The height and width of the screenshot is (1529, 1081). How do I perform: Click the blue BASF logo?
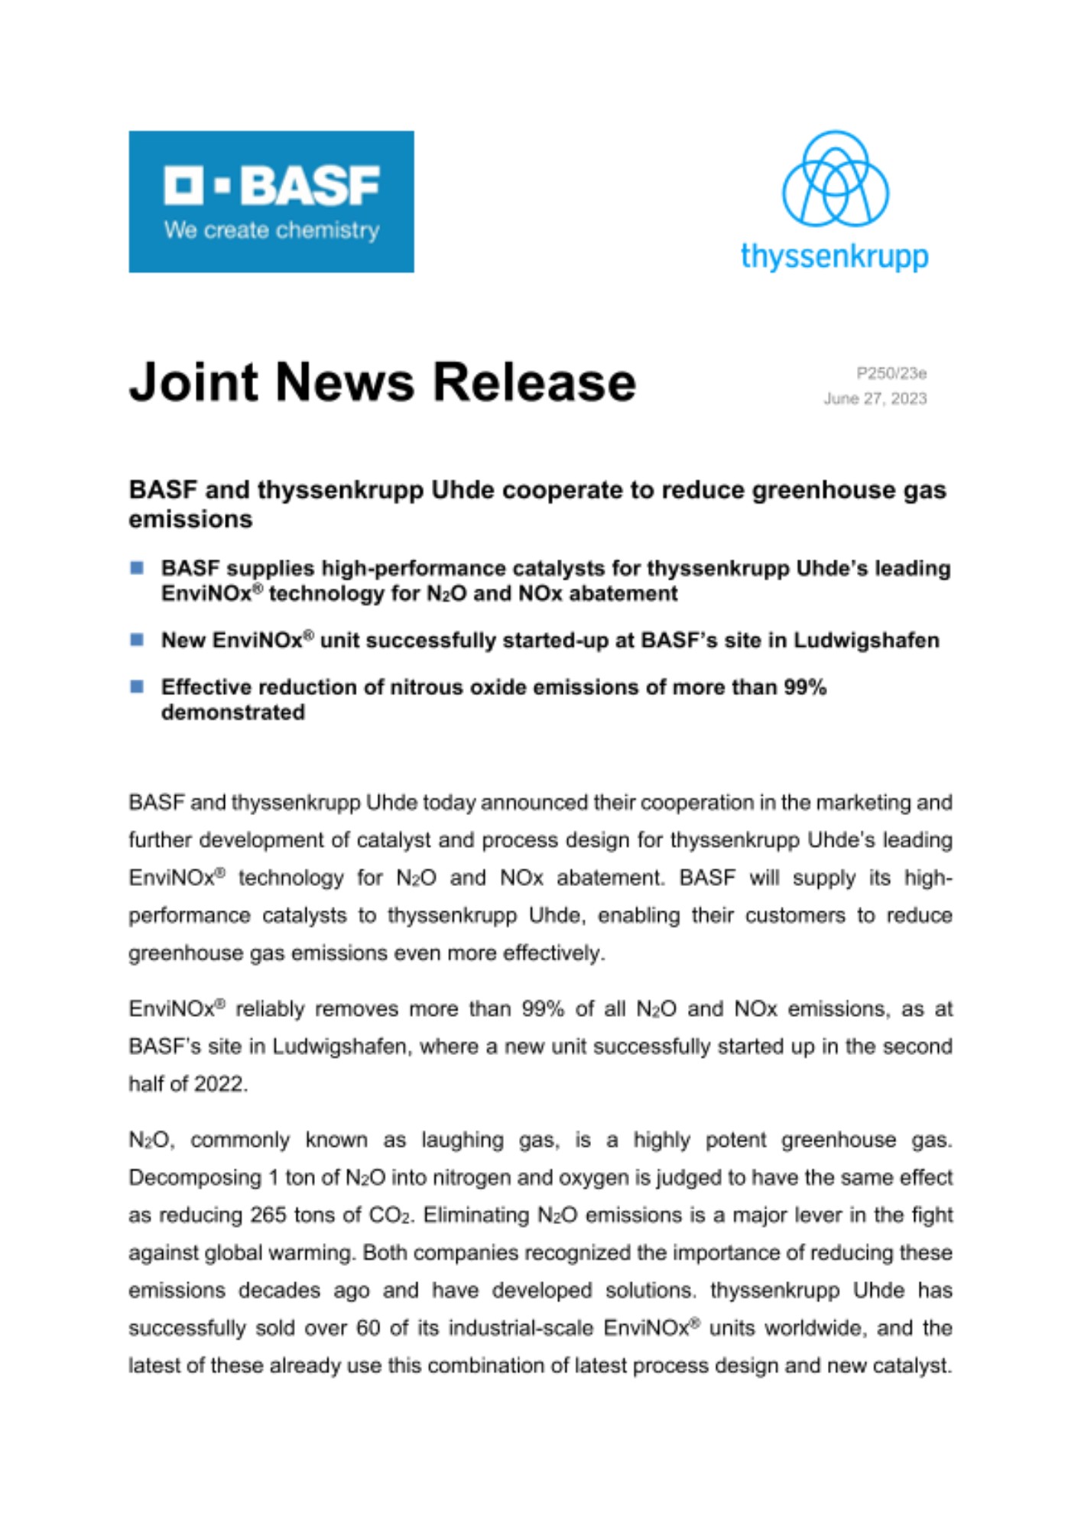click(271, 201)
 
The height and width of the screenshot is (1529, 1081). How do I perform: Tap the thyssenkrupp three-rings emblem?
click(835, 179)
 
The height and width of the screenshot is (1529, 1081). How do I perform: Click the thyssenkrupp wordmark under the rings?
click(834, 256)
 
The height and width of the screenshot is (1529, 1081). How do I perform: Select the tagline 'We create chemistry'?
click(271, 230)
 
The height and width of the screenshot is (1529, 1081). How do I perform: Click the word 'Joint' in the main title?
click(194, 381)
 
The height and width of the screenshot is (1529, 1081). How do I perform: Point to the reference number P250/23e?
click(891, 373)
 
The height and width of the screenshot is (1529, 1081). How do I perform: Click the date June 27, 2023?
click(875, 398)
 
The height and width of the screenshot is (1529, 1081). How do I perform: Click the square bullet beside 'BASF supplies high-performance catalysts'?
click(138, 567)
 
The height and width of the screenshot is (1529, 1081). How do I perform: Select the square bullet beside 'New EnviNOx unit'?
click(138, 639)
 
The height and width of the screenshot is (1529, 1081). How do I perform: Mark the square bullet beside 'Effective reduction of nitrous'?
click(138, 686)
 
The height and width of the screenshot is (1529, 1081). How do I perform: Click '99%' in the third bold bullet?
click(805, 687)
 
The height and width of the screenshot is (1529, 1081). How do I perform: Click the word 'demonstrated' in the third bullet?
click(233, 712)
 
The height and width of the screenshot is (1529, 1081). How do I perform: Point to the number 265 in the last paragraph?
click(268, 1215)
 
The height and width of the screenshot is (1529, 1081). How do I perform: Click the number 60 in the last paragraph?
click(368, 1327)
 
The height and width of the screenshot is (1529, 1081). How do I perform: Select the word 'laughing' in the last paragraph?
click(463, 1140)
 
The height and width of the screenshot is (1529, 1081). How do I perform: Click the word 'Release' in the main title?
click(534, 381)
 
